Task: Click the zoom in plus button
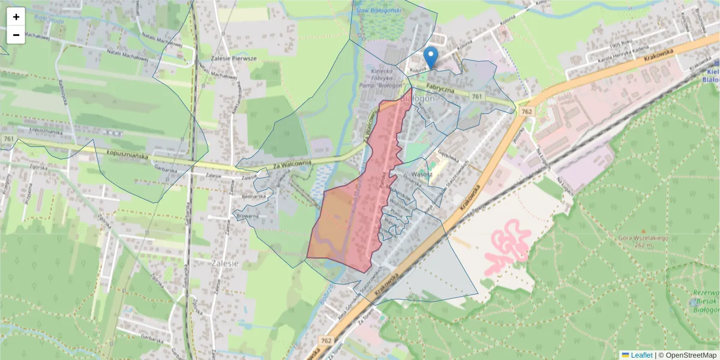point(16,17)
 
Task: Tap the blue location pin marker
point(430,57)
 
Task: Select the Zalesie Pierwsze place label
point(235,59)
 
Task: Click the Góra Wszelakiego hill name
point(643,238)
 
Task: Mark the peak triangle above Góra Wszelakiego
point(643,230)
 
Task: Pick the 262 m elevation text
point(643,245)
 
